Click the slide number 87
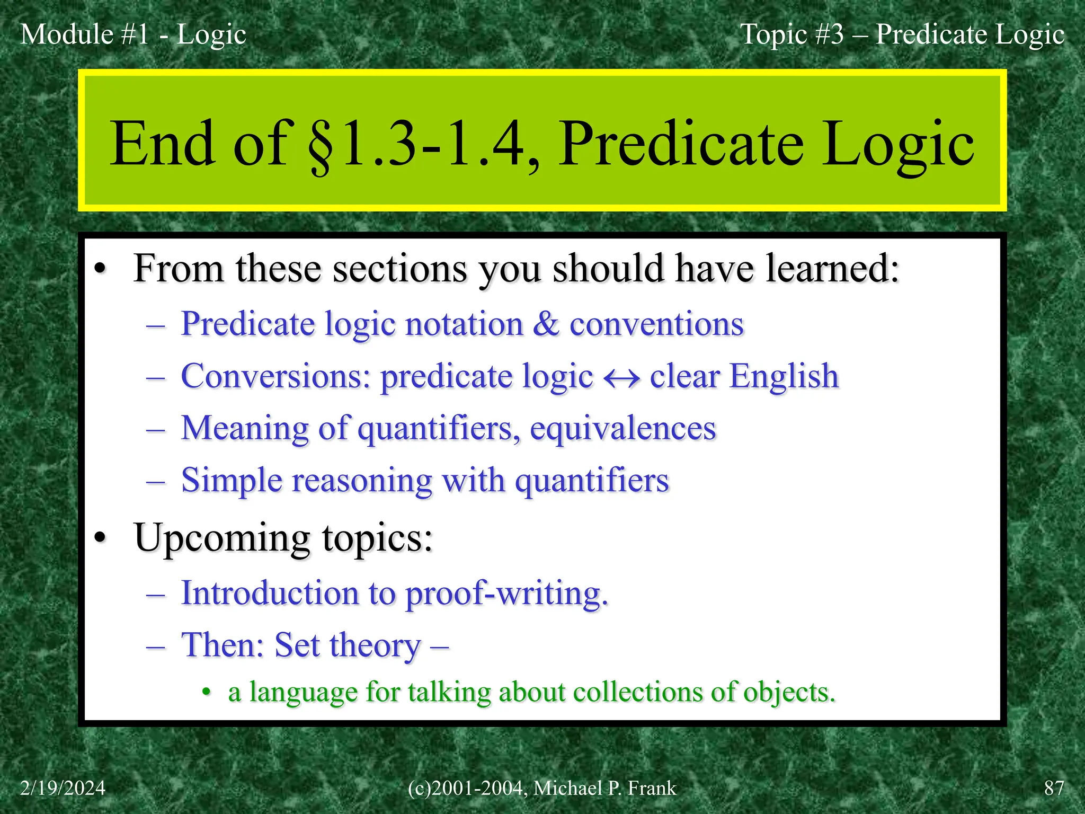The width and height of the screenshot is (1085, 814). (1054, 788)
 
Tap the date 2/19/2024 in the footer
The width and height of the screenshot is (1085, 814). (63, 788)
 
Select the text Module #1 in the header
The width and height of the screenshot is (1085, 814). (85, 34)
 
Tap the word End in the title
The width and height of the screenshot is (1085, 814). (162, 144)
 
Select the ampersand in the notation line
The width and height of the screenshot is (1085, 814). (546, 324)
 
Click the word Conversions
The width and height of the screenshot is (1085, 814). (275, 376)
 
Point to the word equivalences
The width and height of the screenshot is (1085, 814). (623, 428)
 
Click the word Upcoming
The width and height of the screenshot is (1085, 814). (221, 538)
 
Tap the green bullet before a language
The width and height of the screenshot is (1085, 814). (207, 693)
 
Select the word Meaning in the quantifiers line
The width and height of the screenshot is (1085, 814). (245, 428)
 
